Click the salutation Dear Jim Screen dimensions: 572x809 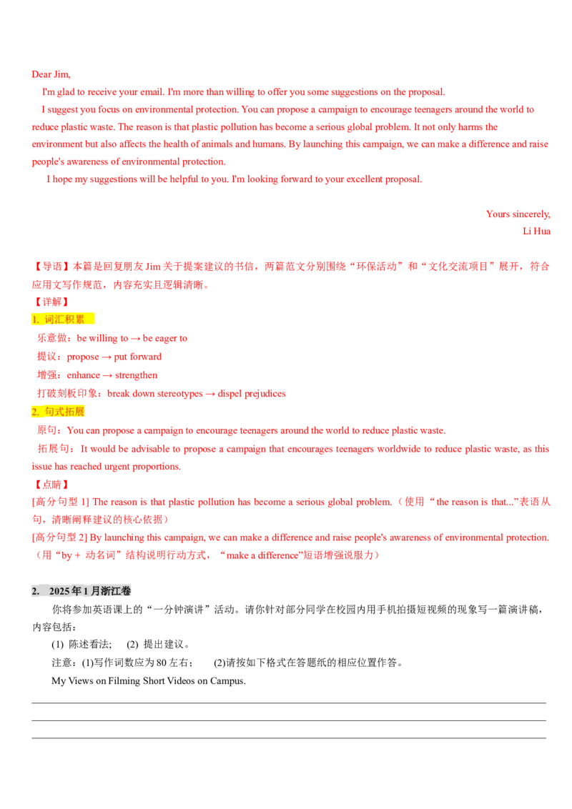pos(51,74)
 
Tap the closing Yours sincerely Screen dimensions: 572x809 pos(518,214)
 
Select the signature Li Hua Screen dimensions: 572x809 pos(536,231)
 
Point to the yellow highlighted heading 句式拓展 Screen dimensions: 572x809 pos(58,411)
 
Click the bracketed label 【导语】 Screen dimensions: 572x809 pos(51,267)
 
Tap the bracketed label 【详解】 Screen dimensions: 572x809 pos(51,302)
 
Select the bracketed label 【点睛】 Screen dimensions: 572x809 pos(51,484)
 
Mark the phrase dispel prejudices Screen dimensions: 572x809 pos(252,394)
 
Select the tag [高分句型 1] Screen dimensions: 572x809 pos(60,502)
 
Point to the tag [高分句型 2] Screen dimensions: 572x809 pos(59,537)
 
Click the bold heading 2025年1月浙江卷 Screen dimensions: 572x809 pos(90,591)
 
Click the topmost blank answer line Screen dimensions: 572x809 pos(289,703)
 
